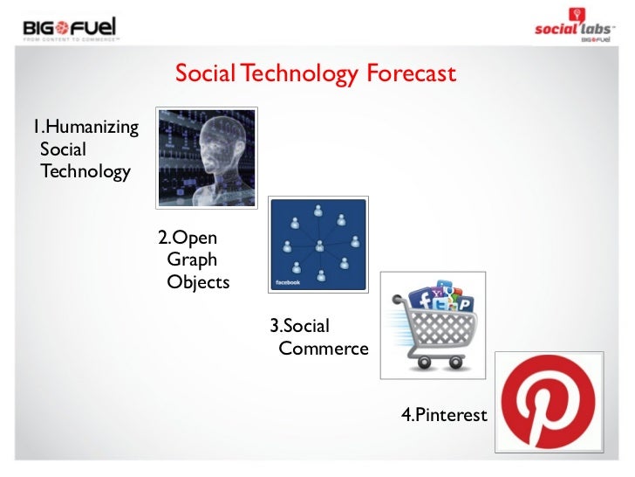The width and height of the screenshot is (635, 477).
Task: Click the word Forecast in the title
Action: point(411,74)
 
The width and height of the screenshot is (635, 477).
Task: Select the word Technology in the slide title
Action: point(298,74)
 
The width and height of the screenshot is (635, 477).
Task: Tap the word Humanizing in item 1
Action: point(85,128)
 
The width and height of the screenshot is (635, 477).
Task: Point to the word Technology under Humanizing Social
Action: point(85,171)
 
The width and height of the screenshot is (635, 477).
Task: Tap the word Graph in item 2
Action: point(192,260)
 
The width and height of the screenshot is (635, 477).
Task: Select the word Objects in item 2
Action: point(198,282)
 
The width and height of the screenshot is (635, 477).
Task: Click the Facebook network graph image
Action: point(318,244)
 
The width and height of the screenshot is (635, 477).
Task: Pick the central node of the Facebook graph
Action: point(319,245)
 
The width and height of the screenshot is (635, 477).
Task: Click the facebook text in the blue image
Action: point(288,283)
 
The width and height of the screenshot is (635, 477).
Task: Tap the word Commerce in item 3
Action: point(324,349)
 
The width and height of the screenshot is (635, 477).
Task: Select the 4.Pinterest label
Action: point(443,415)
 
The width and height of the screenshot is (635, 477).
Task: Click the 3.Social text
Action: point(299,326)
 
